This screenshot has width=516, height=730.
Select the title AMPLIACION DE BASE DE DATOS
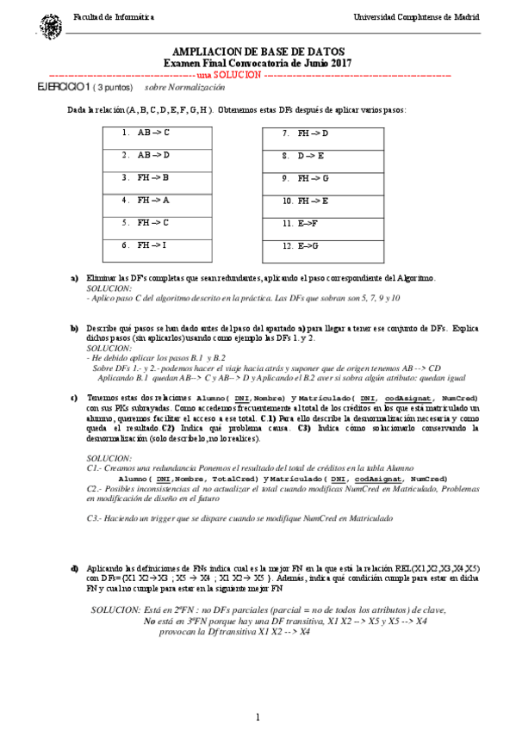pyautogui.click(x=258, y=52)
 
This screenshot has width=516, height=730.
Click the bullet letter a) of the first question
pyautogui.click(x=75, y=278)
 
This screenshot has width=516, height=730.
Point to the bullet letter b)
pyautogui.click(x=75, y=329)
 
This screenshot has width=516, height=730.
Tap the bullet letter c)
pyautogui.click(x=75, y=398)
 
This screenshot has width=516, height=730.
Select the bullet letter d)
pyautogui.click(x=75, y=568)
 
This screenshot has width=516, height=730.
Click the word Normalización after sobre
pyautogui.click(x=188, y=88)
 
